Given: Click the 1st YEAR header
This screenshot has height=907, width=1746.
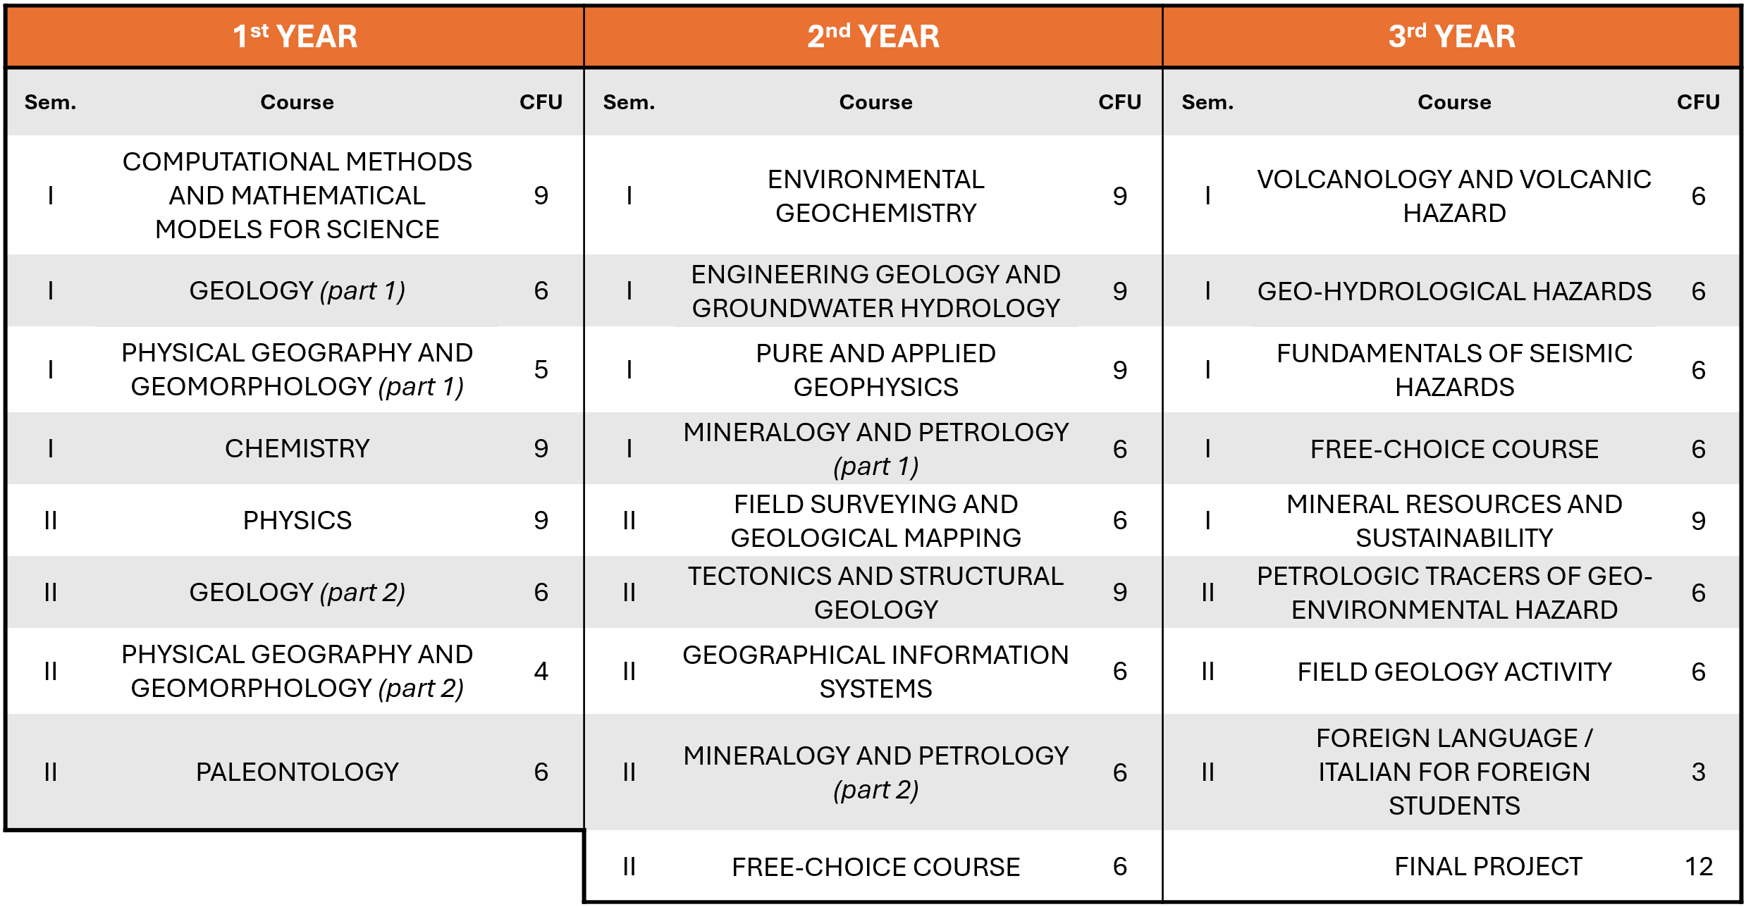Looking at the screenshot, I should point(295,37).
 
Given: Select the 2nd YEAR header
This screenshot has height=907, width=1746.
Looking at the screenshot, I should point(873,37).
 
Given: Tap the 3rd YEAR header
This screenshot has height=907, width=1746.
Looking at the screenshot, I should point(1451,37).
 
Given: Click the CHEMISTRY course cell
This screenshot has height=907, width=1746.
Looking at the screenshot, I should point(297,449).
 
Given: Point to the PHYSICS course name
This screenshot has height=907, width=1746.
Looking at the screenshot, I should point(297,521).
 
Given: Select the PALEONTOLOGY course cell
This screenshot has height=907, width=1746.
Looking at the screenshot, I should point(297,772).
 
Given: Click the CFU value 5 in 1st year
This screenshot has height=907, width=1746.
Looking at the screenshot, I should point(541,370).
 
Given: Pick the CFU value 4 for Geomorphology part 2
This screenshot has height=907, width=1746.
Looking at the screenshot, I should point(541,672).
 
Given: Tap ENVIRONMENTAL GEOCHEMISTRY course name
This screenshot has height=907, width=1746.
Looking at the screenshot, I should point(875,197).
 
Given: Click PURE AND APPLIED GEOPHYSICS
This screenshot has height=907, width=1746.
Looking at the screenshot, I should point(875,371).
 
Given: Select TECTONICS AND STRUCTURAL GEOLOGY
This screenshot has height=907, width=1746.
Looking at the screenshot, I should point(875,593).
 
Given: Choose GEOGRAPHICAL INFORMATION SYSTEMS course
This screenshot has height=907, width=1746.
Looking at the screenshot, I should point(875,672).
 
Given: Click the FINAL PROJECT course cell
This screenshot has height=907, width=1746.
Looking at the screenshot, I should point(1488,867).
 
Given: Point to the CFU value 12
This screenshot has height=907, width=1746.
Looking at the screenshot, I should point(1698,867).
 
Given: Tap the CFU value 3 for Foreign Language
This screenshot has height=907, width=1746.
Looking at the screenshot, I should point(1698,772).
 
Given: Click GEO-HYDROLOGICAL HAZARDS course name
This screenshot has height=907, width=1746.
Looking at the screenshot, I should point(1454,292).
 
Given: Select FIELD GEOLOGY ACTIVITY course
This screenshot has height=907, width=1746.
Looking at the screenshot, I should point(1454,672).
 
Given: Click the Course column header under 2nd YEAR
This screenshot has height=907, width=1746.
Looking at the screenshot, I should point(875,103).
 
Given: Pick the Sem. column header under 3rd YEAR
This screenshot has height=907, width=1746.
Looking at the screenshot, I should point(1207,103).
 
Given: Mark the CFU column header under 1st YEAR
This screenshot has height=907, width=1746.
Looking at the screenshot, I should point(541,103).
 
